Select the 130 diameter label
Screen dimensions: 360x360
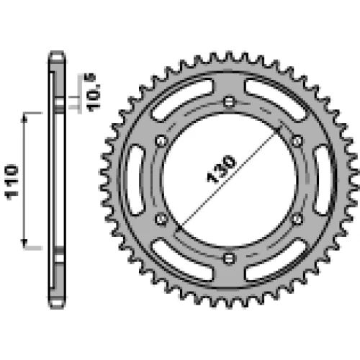[x=221, y=168]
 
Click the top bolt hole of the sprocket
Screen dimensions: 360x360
[x=229, y=102]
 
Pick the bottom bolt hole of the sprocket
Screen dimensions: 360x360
[x=229, y=258]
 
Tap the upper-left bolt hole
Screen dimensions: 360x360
[x=161, y=141]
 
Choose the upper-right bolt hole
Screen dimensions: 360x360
[x=297, y=141]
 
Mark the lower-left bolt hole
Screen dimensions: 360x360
[x=161, y=219]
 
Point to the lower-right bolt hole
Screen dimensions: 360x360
[x=297, y=219]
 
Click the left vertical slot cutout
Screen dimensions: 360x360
[x=135, y=180]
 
